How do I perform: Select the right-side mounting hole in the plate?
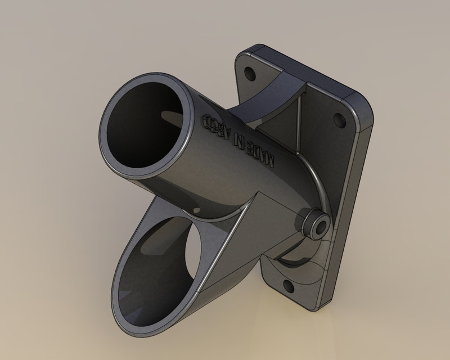coord(339,119)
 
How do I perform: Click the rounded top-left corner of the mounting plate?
coord(247,53)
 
